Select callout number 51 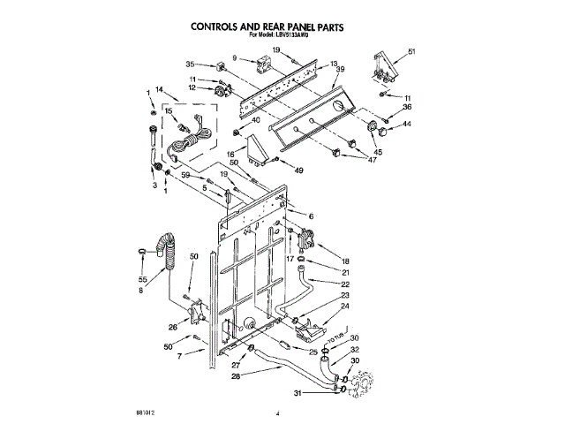[x=411, y=52]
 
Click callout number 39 [x=341, y=70]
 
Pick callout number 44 [x=407, y=124]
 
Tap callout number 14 [x=160, y=90]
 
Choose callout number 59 [x=186, y=176]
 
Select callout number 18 [x=345, y=261]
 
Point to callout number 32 [x=355, y=351]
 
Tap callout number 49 [x=298, y=170]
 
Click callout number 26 [x=173, y=327]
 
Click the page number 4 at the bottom [x=277, y=413]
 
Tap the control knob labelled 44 [x=384, y=130]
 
